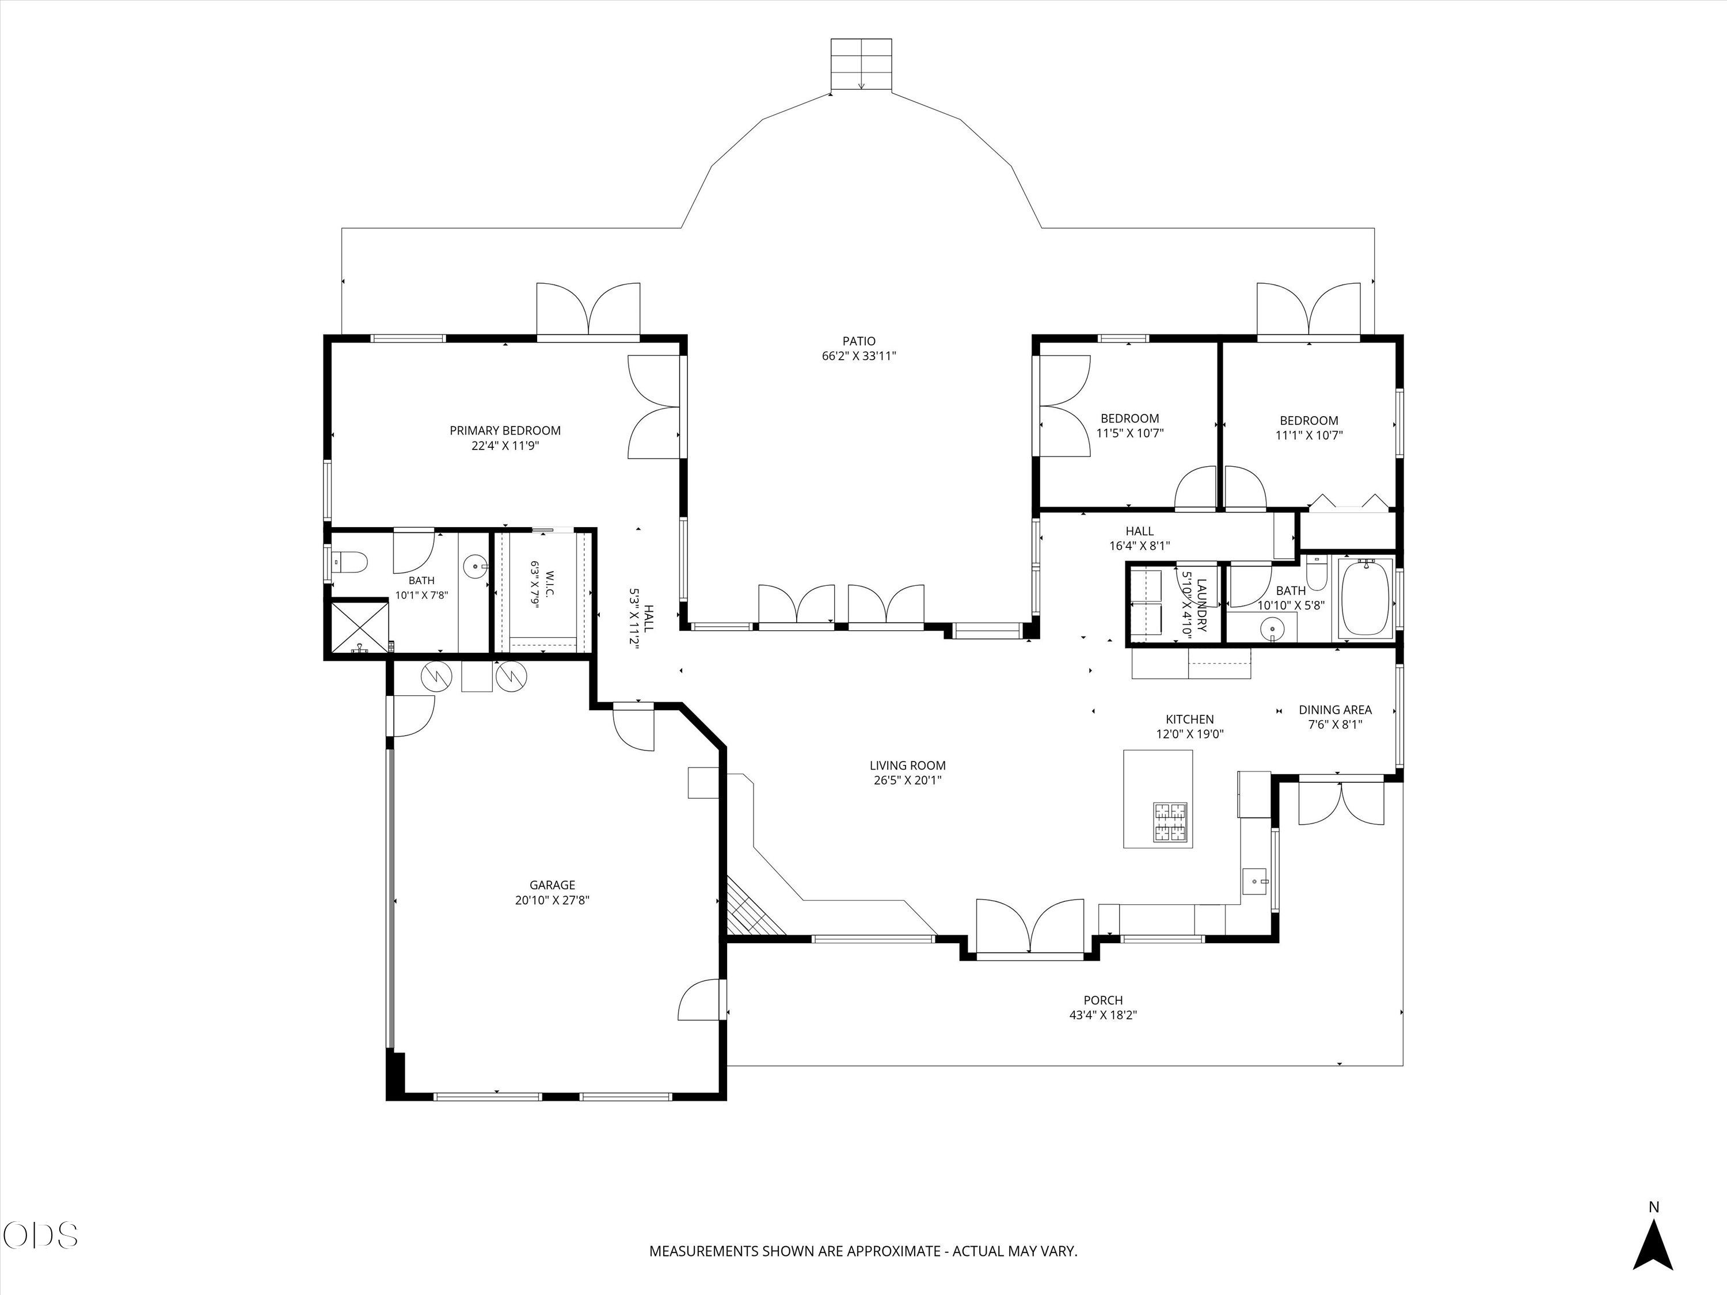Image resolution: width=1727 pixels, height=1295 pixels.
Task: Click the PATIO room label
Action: tap(859, 341)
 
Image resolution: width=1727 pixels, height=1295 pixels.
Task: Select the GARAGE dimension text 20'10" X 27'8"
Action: tap(552, 900)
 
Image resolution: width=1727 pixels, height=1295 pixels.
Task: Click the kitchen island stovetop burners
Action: tap(1171, 822)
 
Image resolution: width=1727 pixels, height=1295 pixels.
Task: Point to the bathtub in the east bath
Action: tap(1365, 597)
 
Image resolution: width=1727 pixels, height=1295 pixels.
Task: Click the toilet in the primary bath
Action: tap(350, 561)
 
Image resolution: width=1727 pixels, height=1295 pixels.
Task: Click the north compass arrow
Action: tap(1653, 1247)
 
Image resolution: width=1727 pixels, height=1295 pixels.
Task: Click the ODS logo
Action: tap(41, 1236)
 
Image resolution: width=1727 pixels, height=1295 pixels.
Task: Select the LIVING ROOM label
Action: tap(907, 765)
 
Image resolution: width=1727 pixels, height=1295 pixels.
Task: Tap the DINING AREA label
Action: tap(1335, 710)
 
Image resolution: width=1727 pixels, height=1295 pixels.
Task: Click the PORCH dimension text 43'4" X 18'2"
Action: tap(1103, 1015)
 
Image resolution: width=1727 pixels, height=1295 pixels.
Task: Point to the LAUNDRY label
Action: tap(1201, 605)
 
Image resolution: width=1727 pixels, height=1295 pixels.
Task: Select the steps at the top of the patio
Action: tap(861, 64)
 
